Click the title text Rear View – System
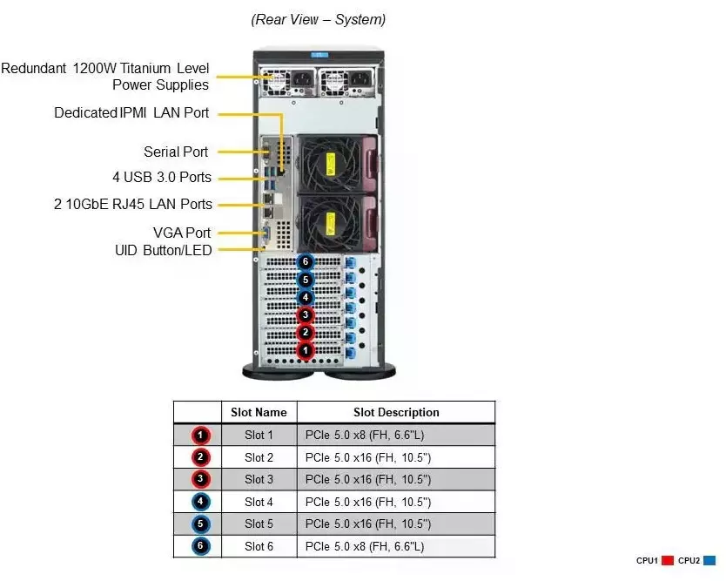[319, 19]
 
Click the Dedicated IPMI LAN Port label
[131, 112]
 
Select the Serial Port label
[176, 152]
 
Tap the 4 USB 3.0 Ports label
[162, 178]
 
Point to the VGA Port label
[181, 233]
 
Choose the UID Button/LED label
[163, 250]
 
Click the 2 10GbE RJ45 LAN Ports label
[131, 204]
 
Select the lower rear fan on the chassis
[330, 222]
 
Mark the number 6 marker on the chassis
[304, 261]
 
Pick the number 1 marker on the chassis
[305, 350]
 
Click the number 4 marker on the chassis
[304, 297]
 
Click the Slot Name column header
[259, 412]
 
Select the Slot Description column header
[396, 412]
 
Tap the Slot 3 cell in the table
[259, 479]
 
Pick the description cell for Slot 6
[396, 546]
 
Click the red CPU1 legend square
[669, 561]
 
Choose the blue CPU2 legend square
[710, 561]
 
